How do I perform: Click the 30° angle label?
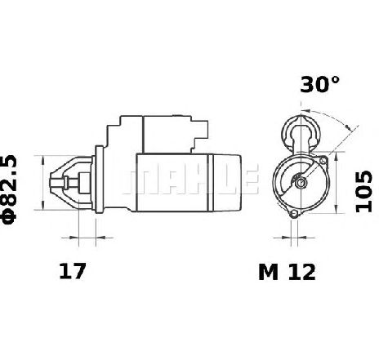320,84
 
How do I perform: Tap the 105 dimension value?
363,191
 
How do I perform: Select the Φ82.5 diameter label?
9,189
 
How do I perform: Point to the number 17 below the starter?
73,271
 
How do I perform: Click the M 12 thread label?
287,272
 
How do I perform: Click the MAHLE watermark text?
190,179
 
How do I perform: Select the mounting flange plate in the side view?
100,180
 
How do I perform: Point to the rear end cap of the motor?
227,183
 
